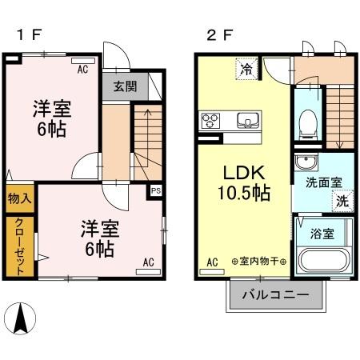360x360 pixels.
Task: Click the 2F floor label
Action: pyautogui.click(x=218, y=34)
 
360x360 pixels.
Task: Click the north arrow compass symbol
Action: pyautogui.click(x=22, y=319)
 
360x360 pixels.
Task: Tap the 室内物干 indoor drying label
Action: pyautogui.click(x=258, y=262)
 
